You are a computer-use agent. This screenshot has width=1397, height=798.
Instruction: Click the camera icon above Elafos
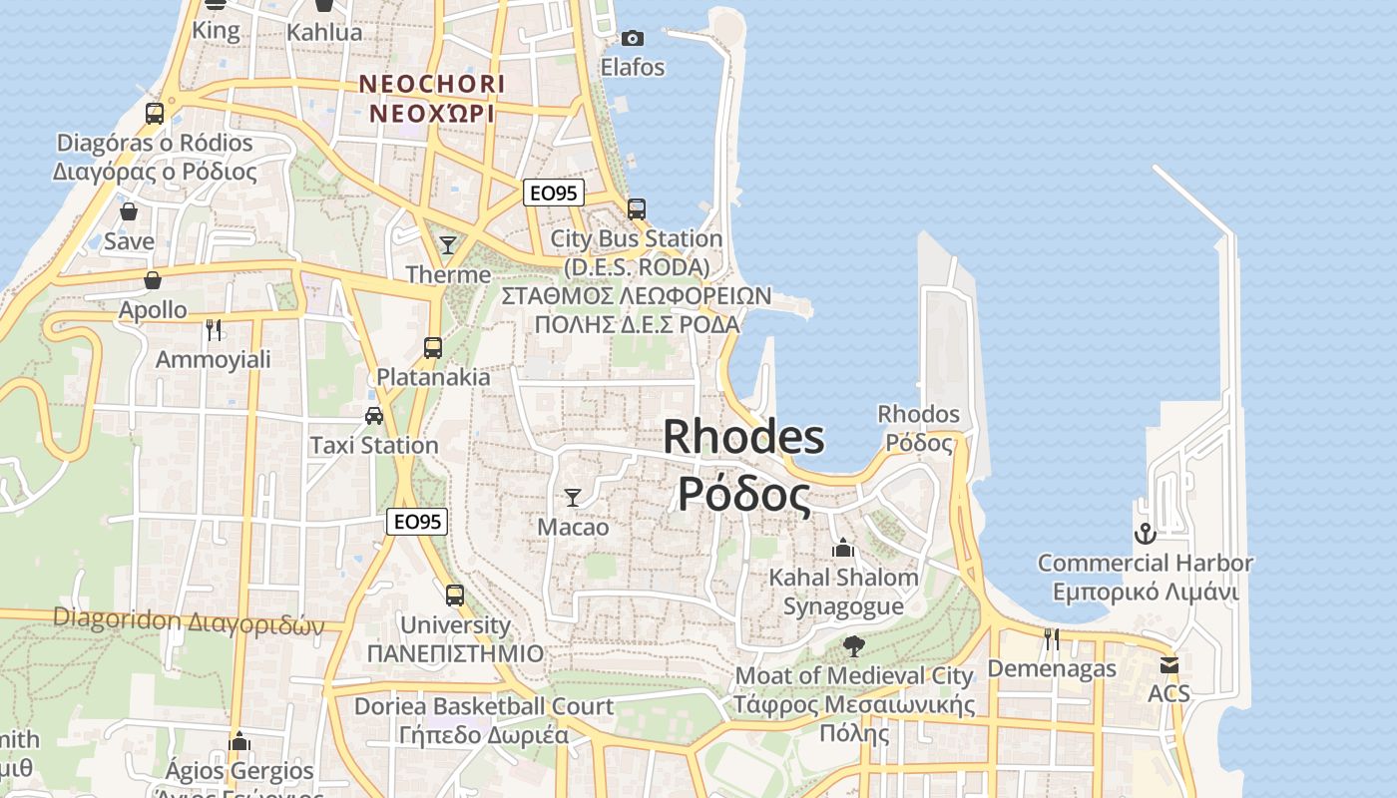click(x=632, y=39)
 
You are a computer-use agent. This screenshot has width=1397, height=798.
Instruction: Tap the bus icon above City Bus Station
click(x=636, y=209)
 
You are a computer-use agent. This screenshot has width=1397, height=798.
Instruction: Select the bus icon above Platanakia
click(x=432, y=348)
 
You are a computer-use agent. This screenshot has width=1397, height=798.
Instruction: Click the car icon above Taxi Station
click(x=374, y=416)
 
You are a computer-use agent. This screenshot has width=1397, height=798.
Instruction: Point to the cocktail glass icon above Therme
click(x=448, y=244)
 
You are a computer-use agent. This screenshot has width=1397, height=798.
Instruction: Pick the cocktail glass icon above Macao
click(x=573, y=497)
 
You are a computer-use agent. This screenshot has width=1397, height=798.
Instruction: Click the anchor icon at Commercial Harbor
click(x=1145, y=534)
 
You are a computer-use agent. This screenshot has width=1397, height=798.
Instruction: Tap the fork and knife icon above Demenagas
click(x=1051, y=639)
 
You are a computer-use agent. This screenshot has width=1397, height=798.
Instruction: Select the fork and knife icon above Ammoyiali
click(x=213, y=329)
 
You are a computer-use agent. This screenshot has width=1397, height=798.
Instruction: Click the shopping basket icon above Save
click(x=129, y=211)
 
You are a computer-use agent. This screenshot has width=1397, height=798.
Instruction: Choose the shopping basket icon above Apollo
click(x=153, y=280)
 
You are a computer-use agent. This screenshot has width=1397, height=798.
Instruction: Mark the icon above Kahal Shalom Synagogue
click(x=843, y=549)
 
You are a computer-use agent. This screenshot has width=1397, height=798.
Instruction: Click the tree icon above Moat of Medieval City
click(x=853, y=646)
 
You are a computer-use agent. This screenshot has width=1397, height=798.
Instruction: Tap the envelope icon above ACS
click(x=1168, y=664)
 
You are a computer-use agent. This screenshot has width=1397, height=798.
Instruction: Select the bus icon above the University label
click(x=455, y=596)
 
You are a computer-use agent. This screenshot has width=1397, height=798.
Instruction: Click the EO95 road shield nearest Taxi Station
click(x=417, y=522)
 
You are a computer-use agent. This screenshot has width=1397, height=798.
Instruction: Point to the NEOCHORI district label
click(x=432, y=84)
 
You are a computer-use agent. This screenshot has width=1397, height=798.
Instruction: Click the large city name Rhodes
click(x=743, y=437)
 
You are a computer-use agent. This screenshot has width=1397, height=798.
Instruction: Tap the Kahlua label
click(x=324, y=32)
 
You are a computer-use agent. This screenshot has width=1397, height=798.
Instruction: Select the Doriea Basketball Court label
click(x=484, y=707)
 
